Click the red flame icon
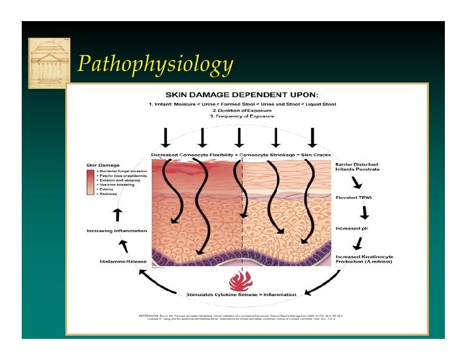[241, 281]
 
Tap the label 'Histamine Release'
[124, 261]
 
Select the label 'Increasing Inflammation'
[116, 230]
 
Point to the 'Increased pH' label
[351, 228]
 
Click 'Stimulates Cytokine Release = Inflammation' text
[241, 294]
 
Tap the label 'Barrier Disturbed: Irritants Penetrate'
[358, 167]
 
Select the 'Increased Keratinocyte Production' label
[364, 260]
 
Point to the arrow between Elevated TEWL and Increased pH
[364, 212]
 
